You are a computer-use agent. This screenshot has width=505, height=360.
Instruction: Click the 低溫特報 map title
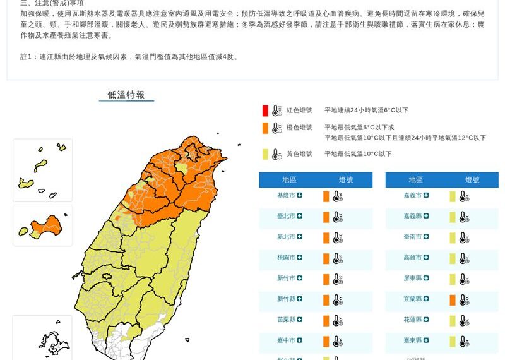click(x=126, y=95)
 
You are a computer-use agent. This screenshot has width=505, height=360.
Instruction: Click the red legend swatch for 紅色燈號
click(x=266, y=111)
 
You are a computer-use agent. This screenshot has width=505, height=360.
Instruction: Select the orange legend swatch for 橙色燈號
click(x=266, y=128)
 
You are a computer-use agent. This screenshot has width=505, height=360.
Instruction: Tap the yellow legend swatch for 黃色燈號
click(x=266, y=154)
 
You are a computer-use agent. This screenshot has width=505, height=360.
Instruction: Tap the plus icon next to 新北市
click(x=300, y=237)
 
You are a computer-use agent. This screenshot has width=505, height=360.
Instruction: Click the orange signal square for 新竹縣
click(x=326, y=300)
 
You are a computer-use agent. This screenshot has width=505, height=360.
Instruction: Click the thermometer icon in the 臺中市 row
click(x=338, y=342)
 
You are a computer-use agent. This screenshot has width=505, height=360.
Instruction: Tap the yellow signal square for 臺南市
click(x=453, y=238)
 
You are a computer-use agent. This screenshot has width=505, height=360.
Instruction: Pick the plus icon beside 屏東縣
click(x=426, y=278)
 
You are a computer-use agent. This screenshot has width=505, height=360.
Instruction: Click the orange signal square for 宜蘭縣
click(x=453, y=300)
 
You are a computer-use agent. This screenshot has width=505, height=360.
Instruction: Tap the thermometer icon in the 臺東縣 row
click(x=464, y=342)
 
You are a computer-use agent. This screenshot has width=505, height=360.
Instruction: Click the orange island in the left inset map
click(x=47, y=225)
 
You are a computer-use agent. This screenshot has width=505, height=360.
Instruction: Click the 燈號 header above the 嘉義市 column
click(x=473, y=180)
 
